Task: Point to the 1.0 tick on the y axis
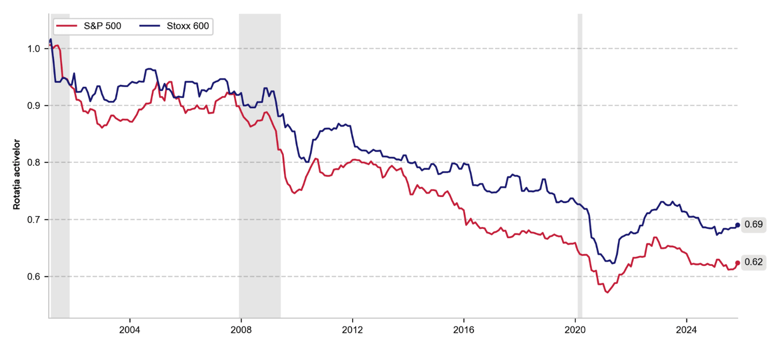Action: (x=34, y=49)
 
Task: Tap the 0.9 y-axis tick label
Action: (x=34, y=106)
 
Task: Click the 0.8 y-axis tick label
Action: (x=34, y=162)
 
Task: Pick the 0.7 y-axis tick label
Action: (x=34, y=219)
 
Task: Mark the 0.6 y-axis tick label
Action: (x=34, y=277)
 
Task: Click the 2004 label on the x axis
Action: (x=129, y=330)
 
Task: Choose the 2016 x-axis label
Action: (x=464, y=330)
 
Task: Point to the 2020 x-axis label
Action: (x=575, y=330)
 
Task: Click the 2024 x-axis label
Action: (x=686, y=330)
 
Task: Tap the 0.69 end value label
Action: (x=753, y=225)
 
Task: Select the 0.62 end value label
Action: (x=753, y=263)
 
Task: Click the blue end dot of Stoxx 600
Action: (x=738, y=225)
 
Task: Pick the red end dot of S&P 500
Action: (x=738, y=263)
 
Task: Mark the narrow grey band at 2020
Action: (x=580, y=162)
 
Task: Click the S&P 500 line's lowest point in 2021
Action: (x=608, y=292)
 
